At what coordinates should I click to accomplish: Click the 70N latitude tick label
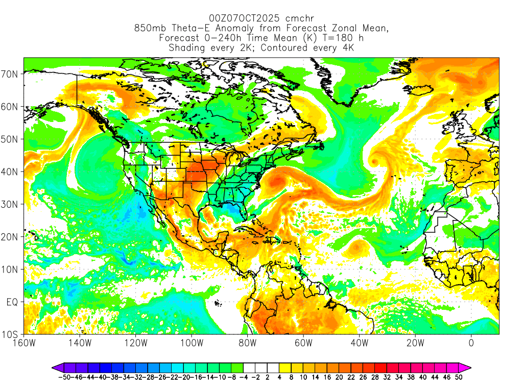click(x=11, y=74)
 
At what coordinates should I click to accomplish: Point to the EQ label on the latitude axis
click(x=12, y=302)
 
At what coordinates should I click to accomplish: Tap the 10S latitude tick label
click(x=11, y=335)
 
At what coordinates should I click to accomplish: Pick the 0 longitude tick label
click(x=471, y=343)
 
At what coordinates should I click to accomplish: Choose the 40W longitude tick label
click(x=359, y=343)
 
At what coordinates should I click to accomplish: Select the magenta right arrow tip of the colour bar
click(x=467, y=367)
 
